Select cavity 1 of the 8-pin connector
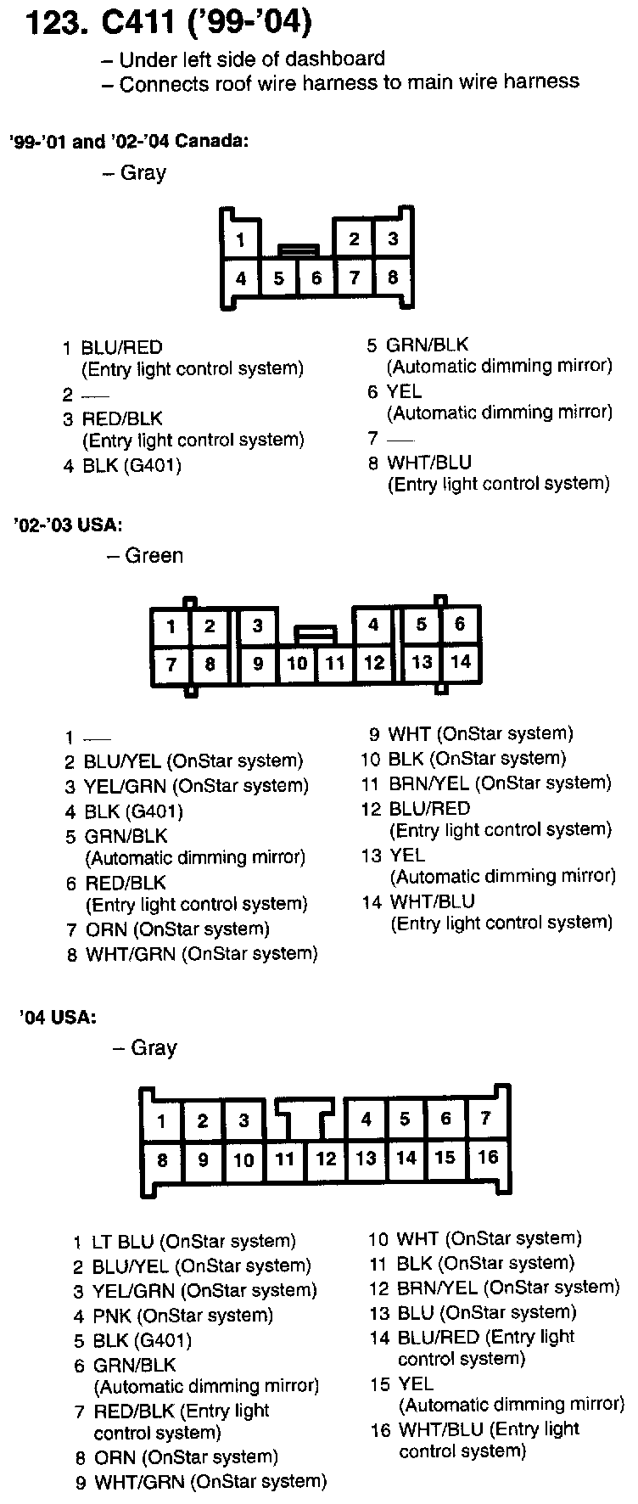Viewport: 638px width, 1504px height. coord(241,240)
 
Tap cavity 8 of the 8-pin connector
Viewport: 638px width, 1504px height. coord(393,277)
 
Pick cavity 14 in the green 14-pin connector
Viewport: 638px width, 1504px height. coord(460,661)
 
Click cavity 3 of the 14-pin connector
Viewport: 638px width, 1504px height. coord(257,626)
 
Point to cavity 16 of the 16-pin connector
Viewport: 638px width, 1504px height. coord(487,1156)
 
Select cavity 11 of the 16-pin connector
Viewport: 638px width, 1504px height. coord(285,1158)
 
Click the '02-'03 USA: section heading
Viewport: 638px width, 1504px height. coord(68,525)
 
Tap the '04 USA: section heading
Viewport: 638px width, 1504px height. coord(57,1017)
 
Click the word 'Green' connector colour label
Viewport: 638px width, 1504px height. coord(154,556)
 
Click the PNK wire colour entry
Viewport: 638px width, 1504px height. coord(110,1316)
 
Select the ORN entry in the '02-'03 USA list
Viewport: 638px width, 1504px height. coord(106,929)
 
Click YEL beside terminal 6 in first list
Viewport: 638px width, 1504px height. coord(405,391)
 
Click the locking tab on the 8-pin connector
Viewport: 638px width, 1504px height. coord(299,250)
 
